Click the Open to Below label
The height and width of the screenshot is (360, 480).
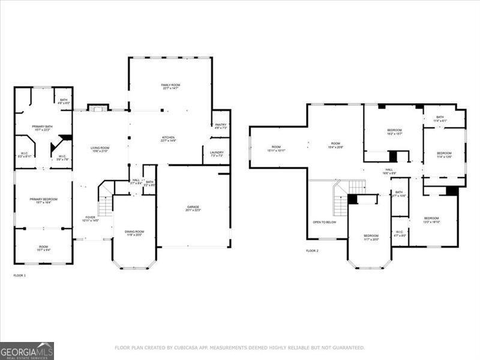pyautogui.click(x=325, y=222)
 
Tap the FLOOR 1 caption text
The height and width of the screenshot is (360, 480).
pyautogui.click(x=20, y=275)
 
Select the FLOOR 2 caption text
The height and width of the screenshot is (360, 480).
pyautogui.click(x=312, y=251)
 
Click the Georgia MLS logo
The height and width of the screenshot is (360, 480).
pyautogui.click(x=27, y=350)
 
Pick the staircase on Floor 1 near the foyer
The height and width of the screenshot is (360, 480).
pyautogui.click(x=106, y=206)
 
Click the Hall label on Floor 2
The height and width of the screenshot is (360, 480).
pyautogui.click(x=389, y=170)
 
